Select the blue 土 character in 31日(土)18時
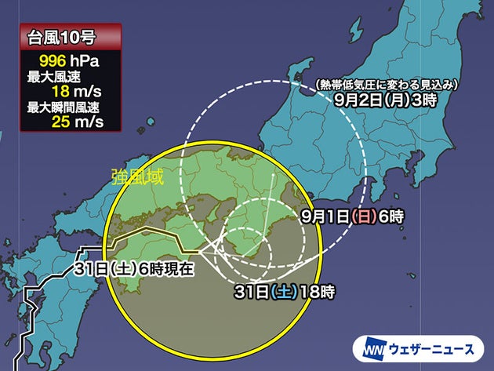point(282,293)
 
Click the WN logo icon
point(373,346)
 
